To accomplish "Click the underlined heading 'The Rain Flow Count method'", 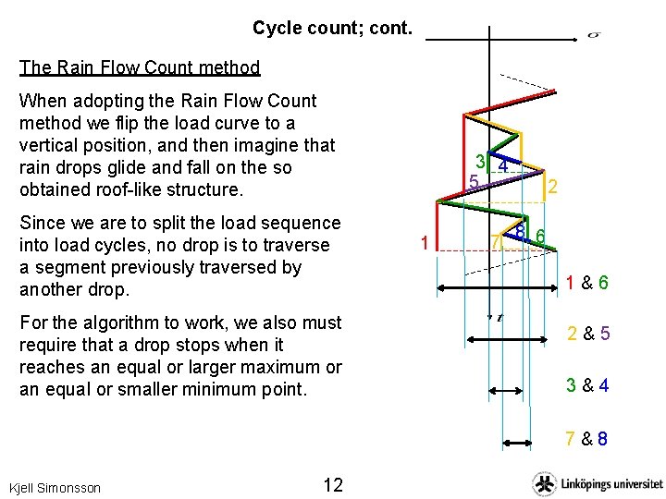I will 140,67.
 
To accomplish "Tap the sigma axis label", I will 594,35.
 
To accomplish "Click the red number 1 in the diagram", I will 423,244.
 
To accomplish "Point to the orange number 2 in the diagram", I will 552,188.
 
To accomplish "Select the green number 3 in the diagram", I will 482,163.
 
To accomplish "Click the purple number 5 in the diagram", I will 472,181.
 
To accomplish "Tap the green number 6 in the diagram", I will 540,237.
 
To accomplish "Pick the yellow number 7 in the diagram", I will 497,242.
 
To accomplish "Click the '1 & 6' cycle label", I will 587,284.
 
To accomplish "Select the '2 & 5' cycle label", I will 588,334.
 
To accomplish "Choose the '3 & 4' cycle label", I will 588,385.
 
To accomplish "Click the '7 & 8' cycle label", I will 587,439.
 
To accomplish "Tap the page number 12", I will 333,485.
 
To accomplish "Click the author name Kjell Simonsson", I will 55,487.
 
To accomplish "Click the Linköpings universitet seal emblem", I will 544,483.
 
